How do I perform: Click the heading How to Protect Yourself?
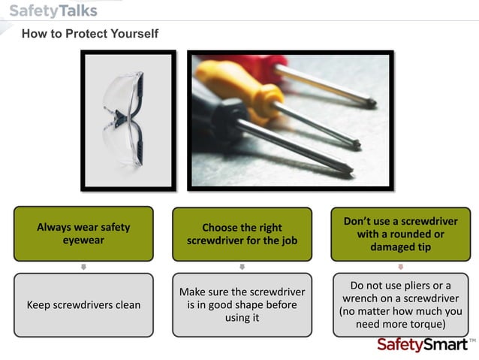[x=89, y=34]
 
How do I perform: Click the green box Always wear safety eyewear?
[x=83, y=234]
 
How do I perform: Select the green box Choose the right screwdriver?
[x=242, y=234]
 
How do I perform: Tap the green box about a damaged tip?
[x=400, y=234]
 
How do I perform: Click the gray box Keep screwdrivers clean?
[x=83, y=304]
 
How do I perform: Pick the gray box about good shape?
[x=242, y=304]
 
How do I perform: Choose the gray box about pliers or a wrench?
[x=400, y=304]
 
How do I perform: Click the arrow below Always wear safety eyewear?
[x=83, y=267]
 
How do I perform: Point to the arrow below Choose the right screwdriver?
[x=242, y=267]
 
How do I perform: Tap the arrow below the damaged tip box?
[x=400, y=267]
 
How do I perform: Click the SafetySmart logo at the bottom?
[x=421, y=344]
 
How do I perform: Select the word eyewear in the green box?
[x=83, y=241]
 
